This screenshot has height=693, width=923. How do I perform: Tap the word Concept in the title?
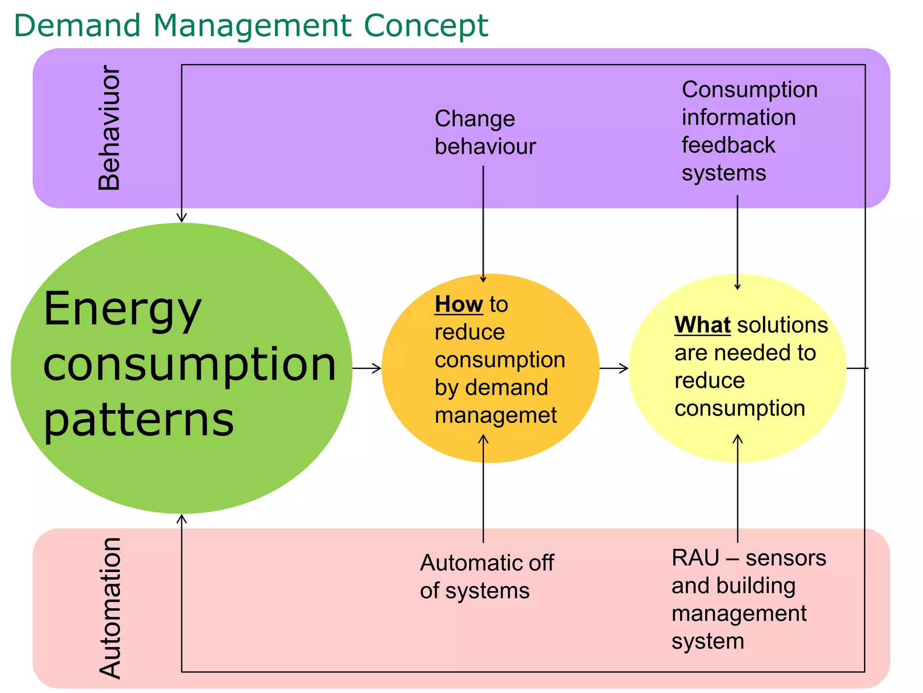pos(425,26)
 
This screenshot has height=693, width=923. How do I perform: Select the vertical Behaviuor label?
pos(110,128)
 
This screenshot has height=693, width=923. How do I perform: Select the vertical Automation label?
pos(110,608)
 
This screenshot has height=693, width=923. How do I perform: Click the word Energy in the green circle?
pos(122,310)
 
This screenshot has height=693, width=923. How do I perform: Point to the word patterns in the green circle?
pos(139,420)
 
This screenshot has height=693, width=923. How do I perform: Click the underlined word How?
pos(458,305)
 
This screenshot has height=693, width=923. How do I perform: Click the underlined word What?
pos(702,325)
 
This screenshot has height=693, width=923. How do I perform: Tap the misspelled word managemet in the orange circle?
pos(495,416)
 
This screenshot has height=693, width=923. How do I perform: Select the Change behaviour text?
pos(485,132)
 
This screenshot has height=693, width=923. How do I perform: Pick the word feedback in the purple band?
pos(728,145)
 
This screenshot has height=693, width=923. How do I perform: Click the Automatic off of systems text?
pos(486,577)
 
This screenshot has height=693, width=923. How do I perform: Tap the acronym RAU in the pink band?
pos(695,558)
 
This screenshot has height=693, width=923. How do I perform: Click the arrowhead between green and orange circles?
pos(377,368)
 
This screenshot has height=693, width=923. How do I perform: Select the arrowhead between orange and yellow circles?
pos(624,368)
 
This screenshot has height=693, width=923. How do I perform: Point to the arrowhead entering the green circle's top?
pos(182,218)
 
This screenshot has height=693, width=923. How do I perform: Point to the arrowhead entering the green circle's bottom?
pos(182,518)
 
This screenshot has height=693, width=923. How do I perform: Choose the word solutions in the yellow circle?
pos(782,325)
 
